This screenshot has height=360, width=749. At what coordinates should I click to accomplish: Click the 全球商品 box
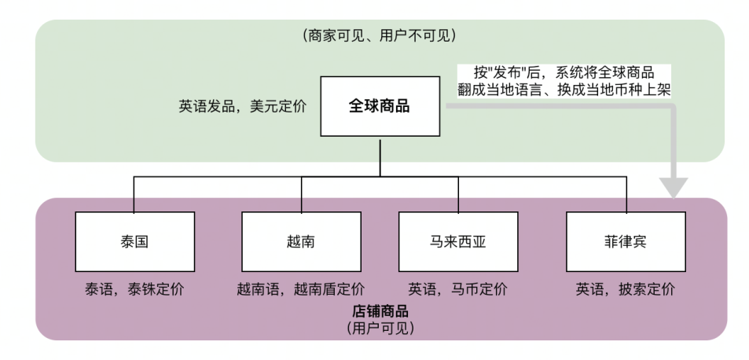[380, 106]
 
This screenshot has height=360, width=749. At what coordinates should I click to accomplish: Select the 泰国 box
[134, 241]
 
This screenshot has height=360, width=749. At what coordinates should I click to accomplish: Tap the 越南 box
[301, 241]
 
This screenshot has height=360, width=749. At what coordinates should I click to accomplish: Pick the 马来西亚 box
[458, 241]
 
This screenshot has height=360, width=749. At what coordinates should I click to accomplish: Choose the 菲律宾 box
[626, 241]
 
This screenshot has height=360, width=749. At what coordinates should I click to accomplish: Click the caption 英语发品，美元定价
[242, 107]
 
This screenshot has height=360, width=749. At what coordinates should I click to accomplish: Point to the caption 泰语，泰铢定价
[134, 289]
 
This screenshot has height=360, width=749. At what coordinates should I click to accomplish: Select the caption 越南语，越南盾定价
[301, 289]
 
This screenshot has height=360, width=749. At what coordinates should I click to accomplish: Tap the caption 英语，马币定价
[458, 289]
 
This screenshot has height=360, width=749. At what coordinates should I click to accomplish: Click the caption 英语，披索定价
[626, 289]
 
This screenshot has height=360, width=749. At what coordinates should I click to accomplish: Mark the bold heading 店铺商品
[380, 311]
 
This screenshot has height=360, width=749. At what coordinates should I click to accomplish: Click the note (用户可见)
[380, 328]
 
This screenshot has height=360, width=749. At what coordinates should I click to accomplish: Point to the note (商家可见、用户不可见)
[379, 35]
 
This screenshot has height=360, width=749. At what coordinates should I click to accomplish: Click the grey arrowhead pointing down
[674, 188]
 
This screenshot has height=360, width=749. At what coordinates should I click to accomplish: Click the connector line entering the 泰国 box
[134, 194]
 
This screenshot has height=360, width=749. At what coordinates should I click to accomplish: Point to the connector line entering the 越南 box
[301, 194]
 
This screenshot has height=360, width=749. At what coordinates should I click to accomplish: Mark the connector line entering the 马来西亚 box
[458, 194]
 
